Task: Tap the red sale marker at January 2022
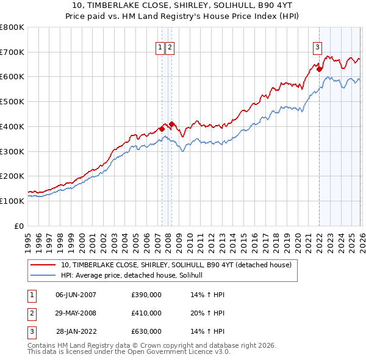pyautogui.click(x=319, y=69)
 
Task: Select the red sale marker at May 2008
pyautogui.click(x=172, y=124)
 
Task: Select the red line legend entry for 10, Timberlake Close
pyautogui.click(x=177, y=265)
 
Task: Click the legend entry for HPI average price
pyautogui.click(x=135, y=276)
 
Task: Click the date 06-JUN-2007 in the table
pyautogui.click(x=76, y=295)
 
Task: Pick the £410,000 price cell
pyautogui.click(x=146, y=313)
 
